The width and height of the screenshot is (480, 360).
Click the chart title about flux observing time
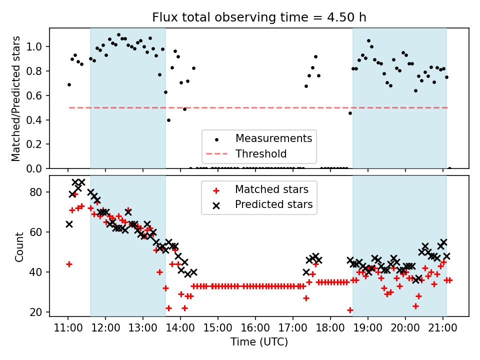click(259, 17)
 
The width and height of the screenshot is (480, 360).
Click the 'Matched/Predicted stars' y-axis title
click(16, 98)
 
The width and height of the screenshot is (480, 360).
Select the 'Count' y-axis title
click(19, 247)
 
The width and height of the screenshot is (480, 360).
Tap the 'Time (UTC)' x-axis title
click(259, 342)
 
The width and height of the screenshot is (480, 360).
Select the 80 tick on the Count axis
click(41, 192)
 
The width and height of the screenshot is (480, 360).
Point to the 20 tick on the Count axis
click(41, 312)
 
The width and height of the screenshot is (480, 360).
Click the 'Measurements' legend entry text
click(273, 138)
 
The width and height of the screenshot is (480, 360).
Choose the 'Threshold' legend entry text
click(261, 153)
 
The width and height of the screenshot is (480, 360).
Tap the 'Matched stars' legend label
click(271, 189)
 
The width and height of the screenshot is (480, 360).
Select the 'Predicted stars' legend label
click(274, 204)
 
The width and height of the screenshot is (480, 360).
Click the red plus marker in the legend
click(216, 190)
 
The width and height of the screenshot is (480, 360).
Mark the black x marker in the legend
click(216, 204)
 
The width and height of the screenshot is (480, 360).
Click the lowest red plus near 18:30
click(350, 310)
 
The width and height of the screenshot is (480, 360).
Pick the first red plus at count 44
click(69, 264)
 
